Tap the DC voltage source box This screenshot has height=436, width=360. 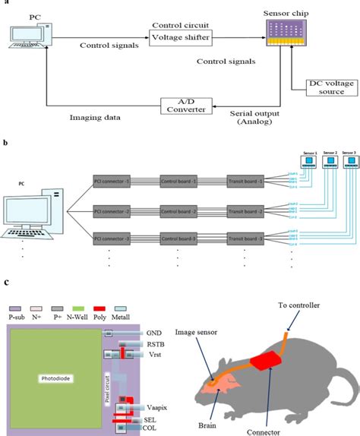[326, 87]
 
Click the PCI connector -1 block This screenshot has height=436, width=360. [115, 182]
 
